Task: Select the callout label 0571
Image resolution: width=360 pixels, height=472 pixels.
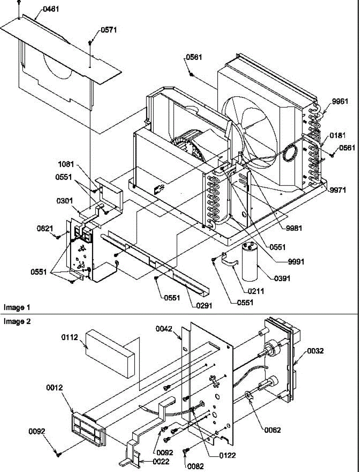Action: pos(109,30)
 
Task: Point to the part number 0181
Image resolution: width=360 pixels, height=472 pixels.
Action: pos(338,136)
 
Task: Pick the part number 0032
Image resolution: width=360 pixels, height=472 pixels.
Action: pos(316,351)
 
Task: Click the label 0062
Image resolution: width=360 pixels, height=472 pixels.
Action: pos(272,430)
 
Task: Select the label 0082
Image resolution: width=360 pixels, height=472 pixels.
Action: pos(196,466)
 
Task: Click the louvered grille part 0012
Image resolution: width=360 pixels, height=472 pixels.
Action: pos(87,428)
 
